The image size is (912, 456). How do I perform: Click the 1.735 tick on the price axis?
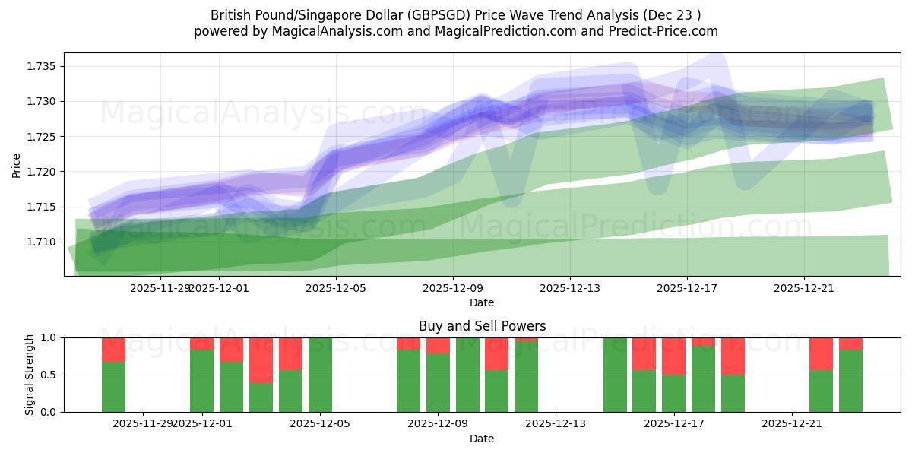point(42,66)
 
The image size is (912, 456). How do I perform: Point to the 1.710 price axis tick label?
point(42,242)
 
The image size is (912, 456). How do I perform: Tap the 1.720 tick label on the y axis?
point(42,172)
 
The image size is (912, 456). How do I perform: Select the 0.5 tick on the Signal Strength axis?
point(49,375)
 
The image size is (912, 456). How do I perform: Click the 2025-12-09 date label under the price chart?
point(453,288)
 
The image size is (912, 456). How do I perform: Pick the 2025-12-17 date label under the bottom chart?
point(673,423)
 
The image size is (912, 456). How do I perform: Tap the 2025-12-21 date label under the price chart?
point(804,288)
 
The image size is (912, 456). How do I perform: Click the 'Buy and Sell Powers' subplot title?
point(482,326)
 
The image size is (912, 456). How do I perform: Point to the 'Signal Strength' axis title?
point(29,375)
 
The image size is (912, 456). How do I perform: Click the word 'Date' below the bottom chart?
point(482,439)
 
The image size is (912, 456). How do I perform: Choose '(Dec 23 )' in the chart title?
point(671,15)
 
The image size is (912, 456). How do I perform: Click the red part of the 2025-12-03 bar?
point(261,360)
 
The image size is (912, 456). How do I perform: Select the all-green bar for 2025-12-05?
point(320,375)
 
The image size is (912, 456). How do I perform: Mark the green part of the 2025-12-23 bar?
point(850,381)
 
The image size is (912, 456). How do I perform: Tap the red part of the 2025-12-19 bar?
point(733,356)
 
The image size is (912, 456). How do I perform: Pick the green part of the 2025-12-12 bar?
point(526,376)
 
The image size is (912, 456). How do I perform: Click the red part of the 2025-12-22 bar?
point(821,353)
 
